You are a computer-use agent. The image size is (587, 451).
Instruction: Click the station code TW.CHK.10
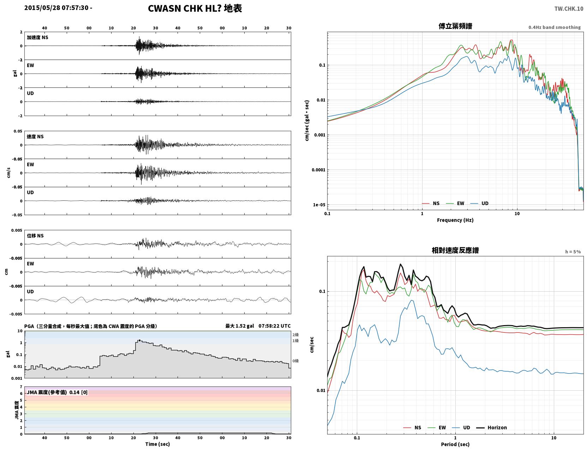tap(569, 8)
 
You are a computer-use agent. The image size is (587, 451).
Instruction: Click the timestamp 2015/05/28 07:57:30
tap(56, 8)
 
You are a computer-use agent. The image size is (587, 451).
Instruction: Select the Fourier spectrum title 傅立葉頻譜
tap(455, 26)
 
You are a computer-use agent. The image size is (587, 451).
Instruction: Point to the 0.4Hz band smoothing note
tap(554, 27)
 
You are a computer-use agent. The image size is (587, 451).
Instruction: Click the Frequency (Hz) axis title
tap(455, 220)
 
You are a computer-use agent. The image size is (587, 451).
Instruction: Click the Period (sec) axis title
tap(455, 444)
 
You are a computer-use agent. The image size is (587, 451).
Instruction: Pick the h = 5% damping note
tap(573, 252)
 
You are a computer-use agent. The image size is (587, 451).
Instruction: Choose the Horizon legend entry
tap(491, 427)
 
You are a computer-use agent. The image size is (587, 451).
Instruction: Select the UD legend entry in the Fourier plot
tap(479, 203)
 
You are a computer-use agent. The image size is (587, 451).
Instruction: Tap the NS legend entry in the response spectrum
tap(412, 427)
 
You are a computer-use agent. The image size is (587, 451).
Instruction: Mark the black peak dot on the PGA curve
tap(139, 340)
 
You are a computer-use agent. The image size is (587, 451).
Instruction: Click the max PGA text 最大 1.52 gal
tap(240, 326)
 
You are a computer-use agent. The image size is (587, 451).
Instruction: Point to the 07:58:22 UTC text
tap(275, 326)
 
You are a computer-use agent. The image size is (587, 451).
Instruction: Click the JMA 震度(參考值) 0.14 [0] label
tap(57, 392)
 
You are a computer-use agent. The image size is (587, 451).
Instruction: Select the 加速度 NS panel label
tap(37, 37)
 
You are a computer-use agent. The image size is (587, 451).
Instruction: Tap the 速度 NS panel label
tap(35, 136)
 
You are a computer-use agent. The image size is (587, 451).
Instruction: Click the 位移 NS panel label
tap(35, 236)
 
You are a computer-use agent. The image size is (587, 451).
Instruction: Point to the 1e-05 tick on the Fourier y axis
tap(319, 205)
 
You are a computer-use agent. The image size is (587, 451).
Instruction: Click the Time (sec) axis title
tap(157, 444)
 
